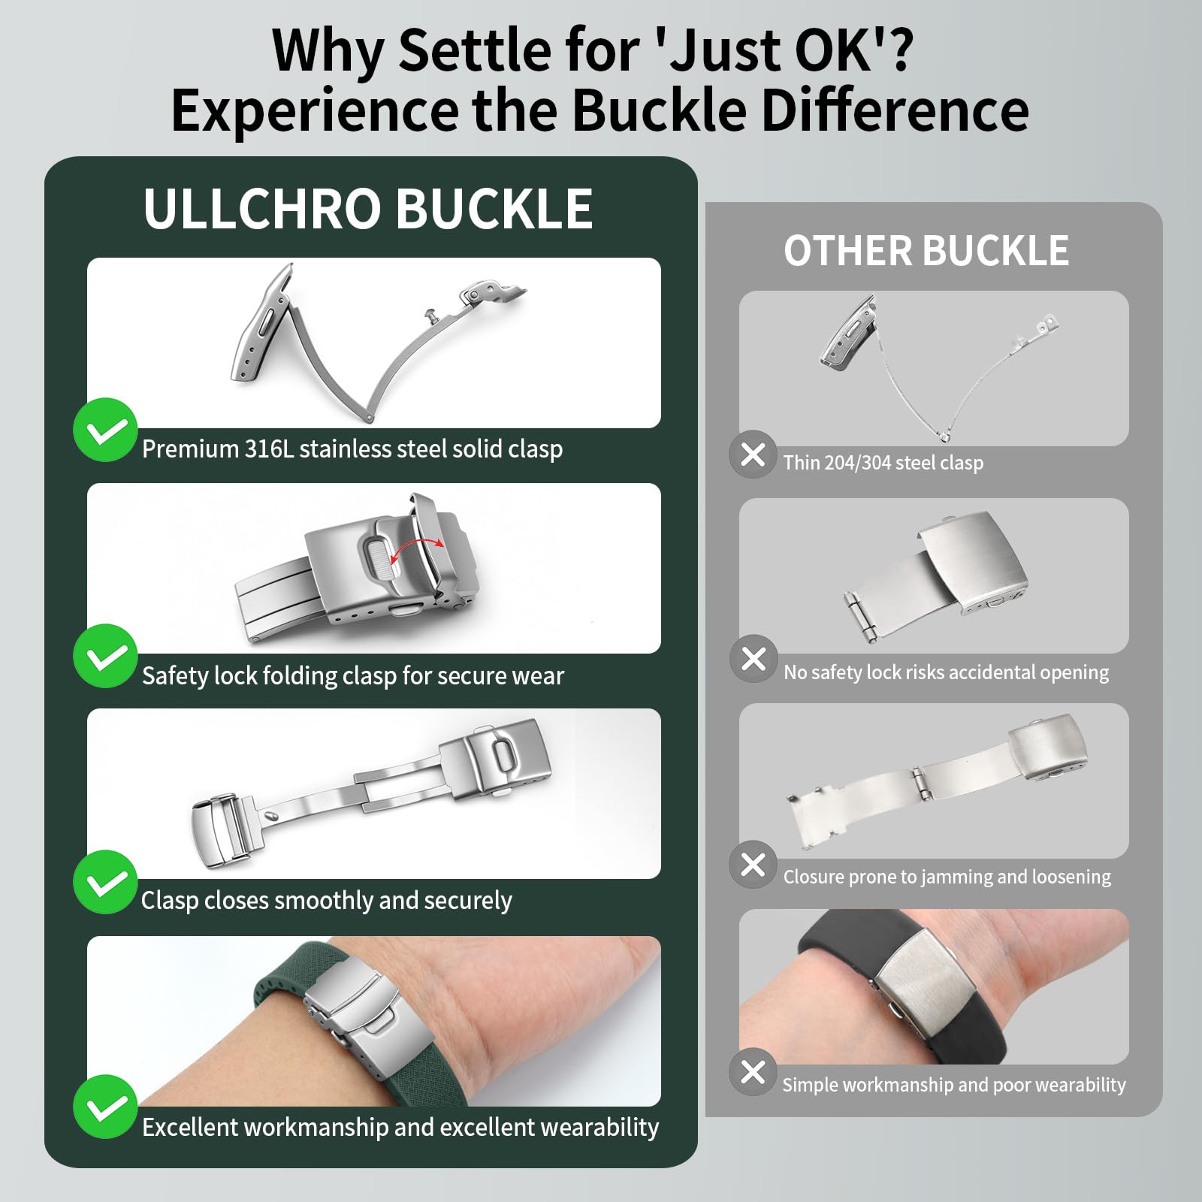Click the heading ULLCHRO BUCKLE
pyautogui.click(x=368, y=209)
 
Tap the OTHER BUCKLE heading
pyautogui.click(x=926, y=251)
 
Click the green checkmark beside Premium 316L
pyautogui.click(x=105, y=430)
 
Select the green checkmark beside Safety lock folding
pyautogui.click(x=105, y=656)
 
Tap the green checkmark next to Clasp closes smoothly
pyautogui.click(x=105, y=882)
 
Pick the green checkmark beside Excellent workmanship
pyautogui.click(x=105, y=1107)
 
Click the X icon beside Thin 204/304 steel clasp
pyautogui.click(x=753, y=455)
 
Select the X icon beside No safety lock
pyautogui.click(x=753, y=660)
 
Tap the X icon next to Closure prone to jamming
pyautogui.click(x=753, y=865)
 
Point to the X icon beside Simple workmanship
pyautogui.click(x=753, y=1071)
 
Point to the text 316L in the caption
pyautogui.click(x=270, y=449)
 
